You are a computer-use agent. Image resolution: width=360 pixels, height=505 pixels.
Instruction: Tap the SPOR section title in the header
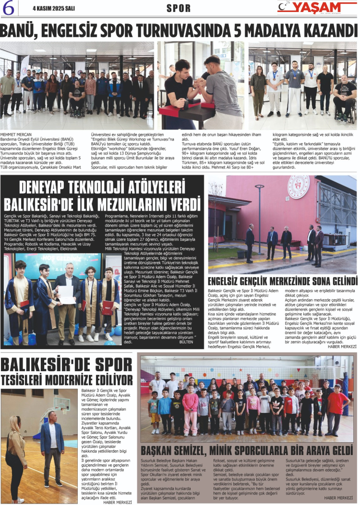coord(179,8)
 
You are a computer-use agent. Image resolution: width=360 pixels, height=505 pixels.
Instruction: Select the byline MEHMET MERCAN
coord(16,135)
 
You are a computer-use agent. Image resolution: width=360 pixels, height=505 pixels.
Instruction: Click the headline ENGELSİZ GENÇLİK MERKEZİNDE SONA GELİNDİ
coord(283,281)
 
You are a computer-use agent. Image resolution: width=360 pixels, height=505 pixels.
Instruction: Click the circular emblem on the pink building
coord(298,187)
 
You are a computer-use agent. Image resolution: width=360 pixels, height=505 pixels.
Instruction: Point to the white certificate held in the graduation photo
coord(66,294)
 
